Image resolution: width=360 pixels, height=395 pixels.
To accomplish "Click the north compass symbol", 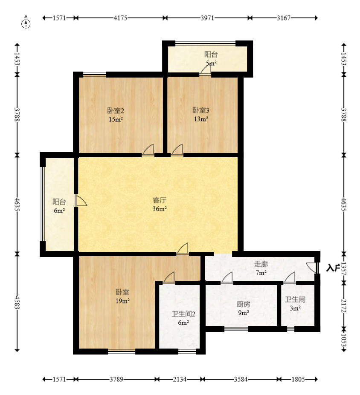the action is (26, 22).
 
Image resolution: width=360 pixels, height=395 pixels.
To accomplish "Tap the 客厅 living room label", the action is (160, 200).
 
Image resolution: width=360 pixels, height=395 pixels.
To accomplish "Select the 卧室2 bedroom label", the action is (116, 111).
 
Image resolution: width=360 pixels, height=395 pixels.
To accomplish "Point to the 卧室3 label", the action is (201, 110).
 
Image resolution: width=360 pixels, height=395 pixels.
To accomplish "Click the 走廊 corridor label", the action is (261, 264).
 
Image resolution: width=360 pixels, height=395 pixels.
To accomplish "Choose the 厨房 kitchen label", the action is (244, 304).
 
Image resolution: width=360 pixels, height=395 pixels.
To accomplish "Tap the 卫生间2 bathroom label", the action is (183, 314).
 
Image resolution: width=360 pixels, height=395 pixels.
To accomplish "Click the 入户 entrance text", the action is (333, 268).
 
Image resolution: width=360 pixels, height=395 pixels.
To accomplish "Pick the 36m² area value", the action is (160, 209).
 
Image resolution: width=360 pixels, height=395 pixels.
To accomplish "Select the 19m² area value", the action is (122, 301).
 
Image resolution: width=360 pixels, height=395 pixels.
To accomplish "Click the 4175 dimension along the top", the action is (120, 18).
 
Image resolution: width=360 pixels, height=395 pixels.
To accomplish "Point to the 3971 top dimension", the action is (207, 18).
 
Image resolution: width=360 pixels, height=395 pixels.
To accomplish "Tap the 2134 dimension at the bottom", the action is (180, 379).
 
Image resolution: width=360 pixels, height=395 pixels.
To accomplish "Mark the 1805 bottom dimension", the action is (298, 379).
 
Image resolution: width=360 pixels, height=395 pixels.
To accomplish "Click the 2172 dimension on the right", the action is (344, 306).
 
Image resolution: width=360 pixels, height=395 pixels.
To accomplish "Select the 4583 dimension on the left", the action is (17, 302).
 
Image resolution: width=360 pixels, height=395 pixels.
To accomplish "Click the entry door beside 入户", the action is (312, 268).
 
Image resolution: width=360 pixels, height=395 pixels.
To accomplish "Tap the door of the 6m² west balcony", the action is (81, 201).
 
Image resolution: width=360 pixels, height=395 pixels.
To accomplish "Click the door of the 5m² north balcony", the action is (206, 69).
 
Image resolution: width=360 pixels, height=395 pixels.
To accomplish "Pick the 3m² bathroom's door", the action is (290, 278).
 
